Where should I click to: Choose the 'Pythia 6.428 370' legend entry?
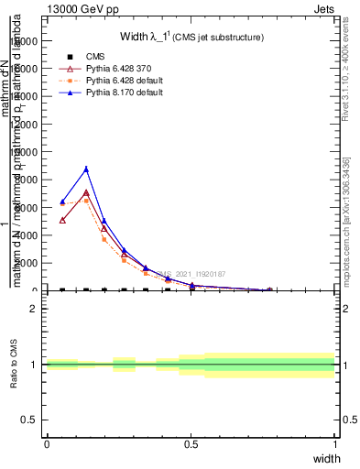(x=118, y=70)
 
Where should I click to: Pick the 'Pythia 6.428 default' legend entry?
(x=123, y=82)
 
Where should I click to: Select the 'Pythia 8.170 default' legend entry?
(x=123, y=93)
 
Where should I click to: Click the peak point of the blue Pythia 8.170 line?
(x=86, y=169)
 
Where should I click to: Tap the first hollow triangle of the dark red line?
(x=62, y=220)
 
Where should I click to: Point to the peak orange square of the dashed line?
(x=86, y=200)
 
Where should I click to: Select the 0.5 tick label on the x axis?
(x=191, y=444)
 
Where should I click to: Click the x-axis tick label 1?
(x=335, y=444)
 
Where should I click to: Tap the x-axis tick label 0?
(x=47, y=444)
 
